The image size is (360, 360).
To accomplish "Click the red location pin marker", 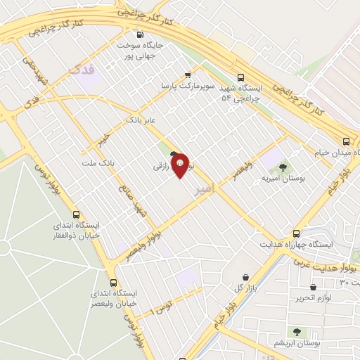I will coord(180,165).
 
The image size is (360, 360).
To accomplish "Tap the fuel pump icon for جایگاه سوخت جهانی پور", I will coord(140,34).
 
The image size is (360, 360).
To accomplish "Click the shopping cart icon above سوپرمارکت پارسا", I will coord(187,74).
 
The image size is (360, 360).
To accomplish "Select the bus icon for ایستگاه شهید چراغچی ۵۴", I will coord(241,78).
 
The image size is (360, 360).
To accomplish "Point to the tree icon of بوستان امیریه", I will coord(283,167).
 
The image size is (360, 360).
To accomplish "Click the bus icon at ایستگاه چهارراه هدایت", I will coord(297,233).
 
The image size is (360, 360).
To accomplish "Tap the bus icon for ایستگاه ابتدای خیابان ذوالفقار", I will coord(76,216).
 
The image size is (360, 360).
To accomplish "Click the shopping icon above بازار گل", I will coord(245,278).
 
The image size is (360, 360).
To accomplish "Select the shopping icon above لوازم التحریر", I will coord(313,287).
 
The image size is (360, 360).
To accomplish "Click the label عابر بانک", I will coord(139,121).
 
